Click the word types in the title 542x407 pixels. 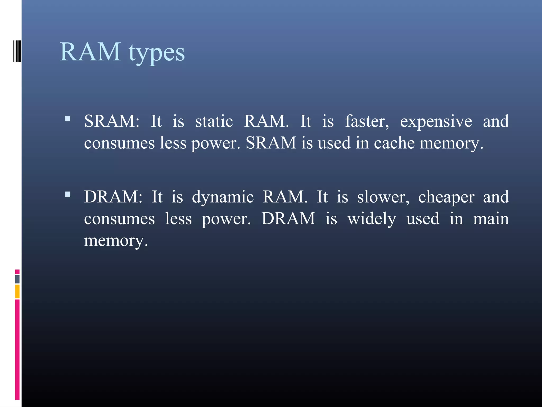[x=157, y=53]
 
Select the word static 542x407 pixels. [x=214, y=121]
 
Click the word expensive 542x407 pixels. [x=436, y=121]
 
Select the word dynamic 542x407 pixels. [x=223, y=198]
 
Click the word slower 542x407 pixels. [x=383, y=197]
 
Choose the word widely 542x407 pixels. [x=372, y=219]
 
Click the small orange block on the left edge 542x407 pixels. [x=17, y=291]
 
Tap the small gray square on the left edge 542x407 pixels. [x=17, y=279]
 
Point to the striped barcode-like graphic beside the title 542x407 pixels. [x=17, y=51]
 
